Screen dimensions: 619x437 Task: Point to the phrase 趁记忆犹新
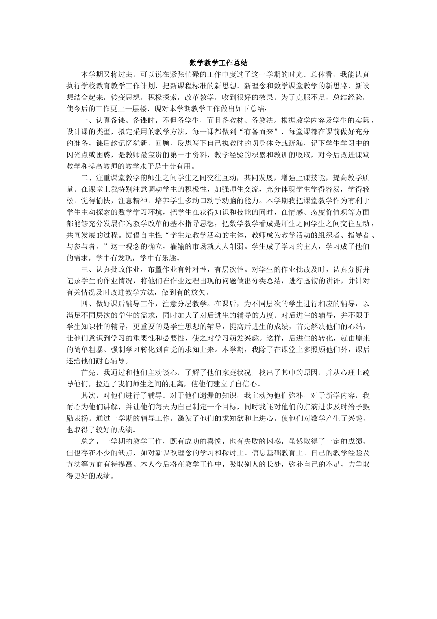125,143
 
